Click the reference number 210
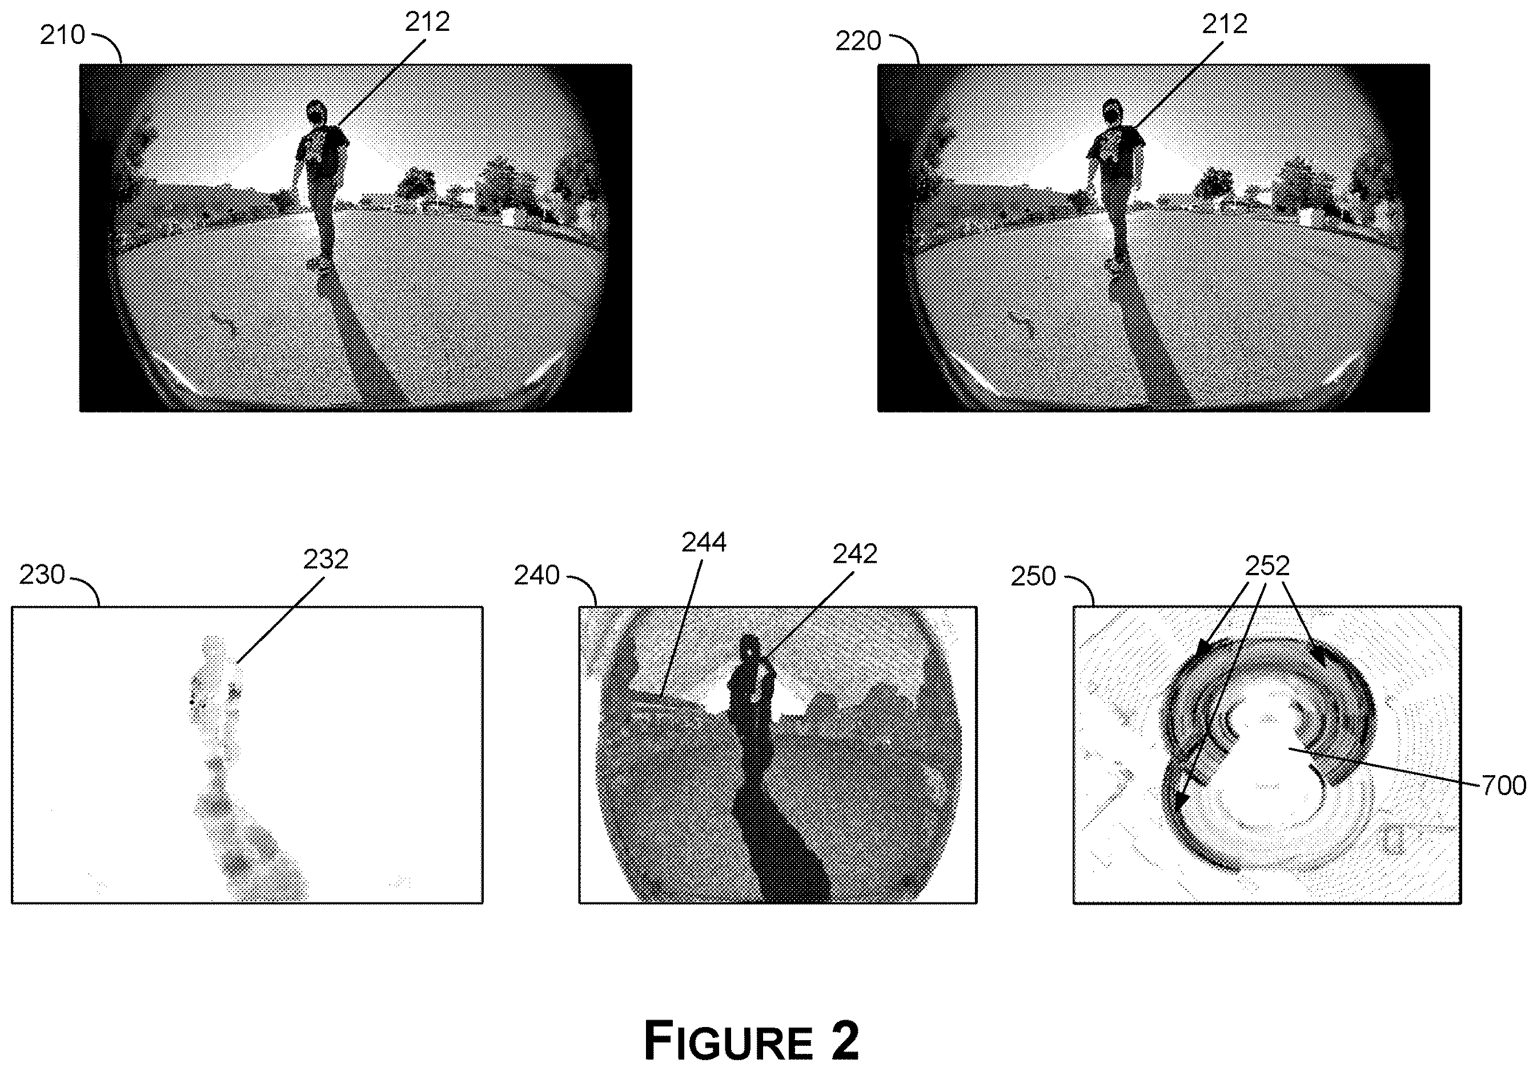coord(62,35)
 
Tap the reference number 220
coord(858,42)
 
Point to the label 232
coord(326,560)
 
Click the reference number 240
coord(537,576)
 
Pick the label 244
coord(704,542)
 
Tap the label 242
coord(856,554)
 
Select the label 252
coord(1267,566)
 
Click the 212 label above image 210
coord(427,22)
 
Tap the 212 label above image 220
coord(1225,24)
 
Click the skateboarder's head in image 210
coord(315,113)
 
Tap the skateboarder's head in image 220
coord(1113,111)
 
